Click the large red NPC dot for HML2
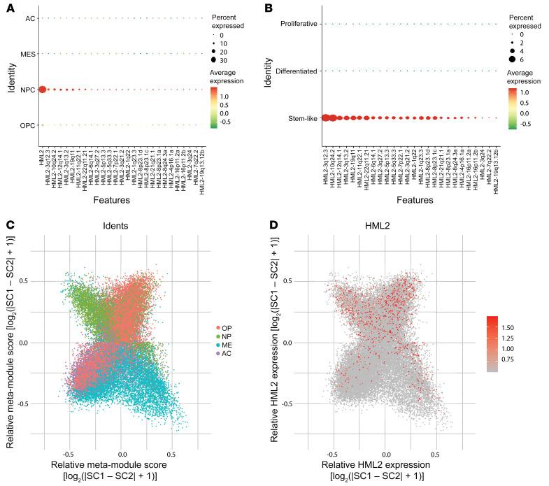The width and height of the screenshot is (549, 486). (43, 90)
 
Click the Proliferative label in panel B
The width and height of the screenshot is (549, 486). (299, 24)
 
